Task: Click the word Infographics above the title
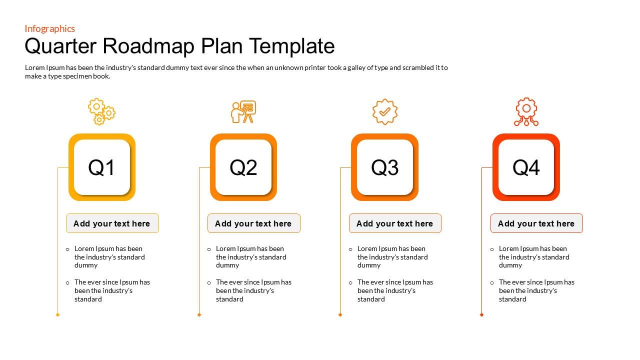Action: [50, 28]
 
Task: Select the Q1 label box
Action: [102, 167]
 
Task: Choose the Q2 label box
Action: [243, 167]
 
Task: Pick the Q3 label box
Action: [384, 167]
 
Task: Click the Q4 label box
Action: [526, 167]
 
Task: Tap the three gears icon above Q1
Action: [101, 111]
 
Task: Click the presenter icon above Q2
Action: [243, 111]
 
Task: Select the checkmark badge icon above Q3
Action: [385, 111]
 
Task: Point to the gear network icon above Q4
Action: [526, 111]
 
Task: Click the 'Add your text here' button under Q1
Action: [112, 223]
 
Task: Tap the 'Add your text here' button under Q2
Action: [253, 223]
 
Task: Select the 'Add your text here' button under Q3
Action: [395, 223]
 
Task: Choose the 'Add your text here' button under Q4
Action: [536, 223]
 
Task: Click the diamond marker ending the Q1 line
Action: [58, 314]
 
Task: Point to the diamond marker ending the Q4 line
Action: [482, 314]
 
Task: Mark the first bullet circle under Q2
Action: [209, 249]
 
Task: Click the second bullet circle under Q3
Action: [350, 283]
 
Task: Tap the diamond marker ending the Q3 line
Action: [340, 314]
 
